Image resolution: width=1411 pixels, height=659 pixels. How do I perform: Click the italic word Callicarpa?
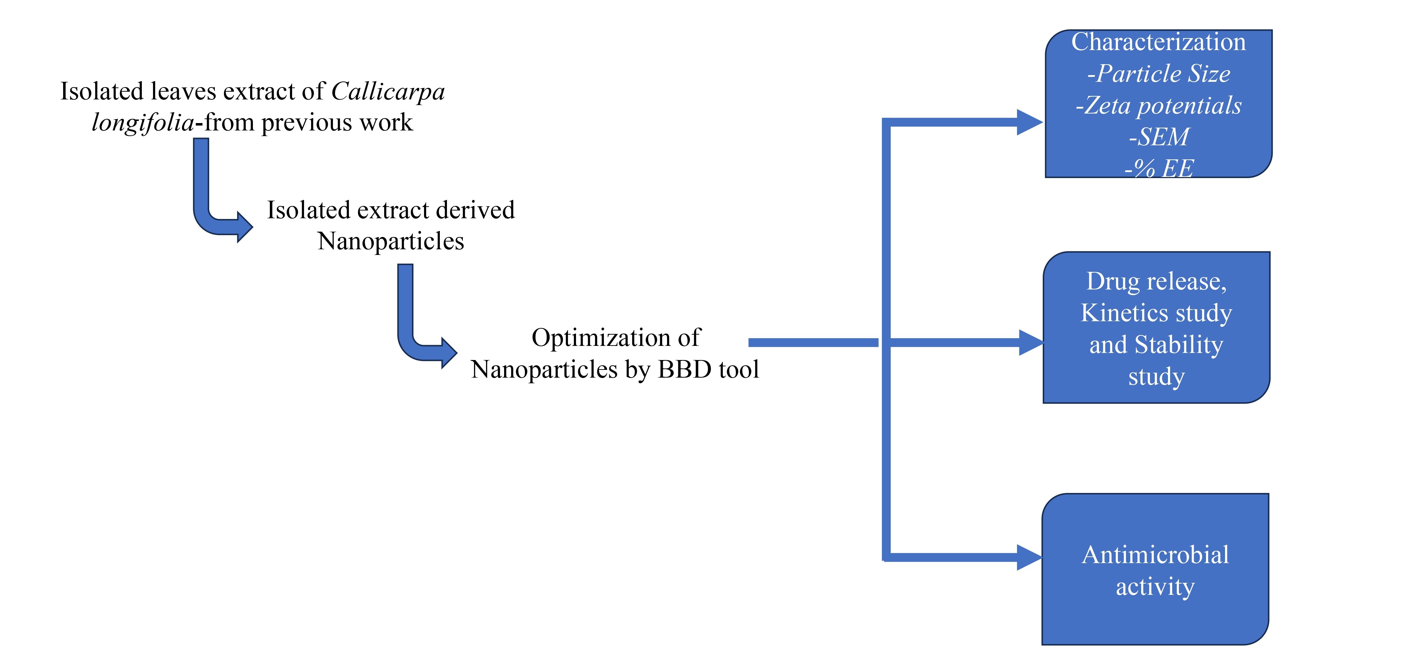click(x=388, y=91)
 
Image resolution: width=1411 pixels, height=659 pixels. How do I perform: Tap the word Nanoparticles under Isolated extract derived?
click(x=390, y=242)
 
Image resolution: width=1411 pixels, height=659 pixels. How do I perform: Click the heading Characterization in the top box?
click(x=1158, y=42)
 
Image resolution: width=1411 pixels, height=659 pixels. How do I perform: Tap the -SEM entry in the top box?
click(x=1158, y=137)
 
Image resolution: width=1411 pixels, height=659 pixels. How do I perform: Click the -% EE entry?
click(x=1158, y=168)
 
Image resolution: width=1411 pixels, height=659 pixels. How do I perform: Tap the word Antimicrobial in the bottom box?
click(x=1156, y=555)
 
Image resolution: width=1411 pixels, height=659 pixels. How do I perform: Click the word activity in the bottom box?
click(x=1155, y=587)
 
